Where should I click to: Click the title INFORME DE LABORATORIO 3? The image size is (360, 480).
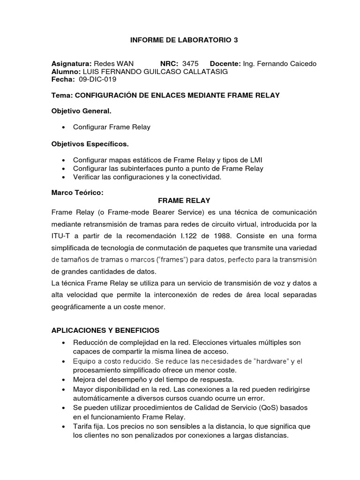(184, 40)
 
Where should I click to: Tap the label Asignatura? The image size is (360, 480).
(71, 63)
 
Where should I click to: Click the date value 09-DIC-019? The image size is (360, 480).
(97, 79)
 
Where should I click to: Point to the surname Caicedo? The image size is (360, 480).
(300, 63)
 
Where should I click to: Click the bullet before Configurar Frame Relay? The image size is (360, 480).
(63, 127)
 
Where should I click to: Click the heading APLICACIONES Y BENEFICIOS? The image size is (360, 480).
(105, 330)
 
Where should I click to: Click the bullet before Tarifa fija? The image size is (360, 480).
(63, 426)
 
